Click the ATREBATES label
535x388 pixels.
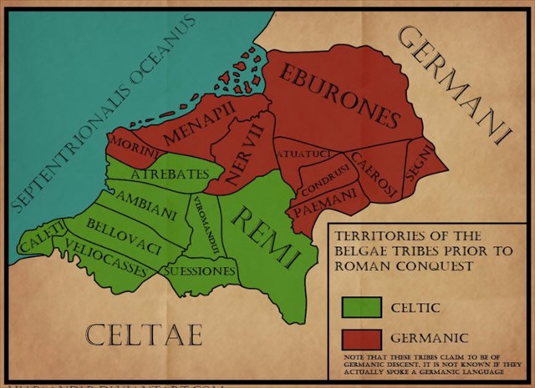pos(176,173)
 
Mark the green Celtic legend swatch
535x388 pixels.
pos(360,306)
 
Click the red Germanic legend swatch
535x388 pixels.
pos(360,338)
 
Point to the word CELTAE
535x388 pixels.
pos(145,335)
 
